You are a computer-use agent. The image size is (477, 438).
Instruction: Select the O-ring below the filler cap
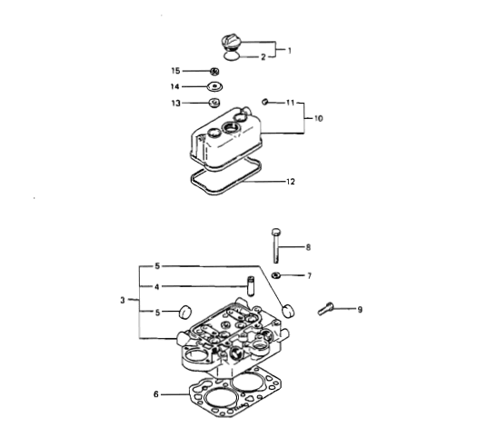(231, 56)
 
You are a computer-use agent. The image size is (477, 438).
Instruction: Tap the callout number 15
(175, 71)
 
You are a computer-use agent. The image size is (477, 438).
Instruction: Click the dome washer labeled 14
(215, 86)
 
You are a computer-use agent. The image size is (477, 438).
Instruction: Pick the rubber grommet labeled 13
(214, 102)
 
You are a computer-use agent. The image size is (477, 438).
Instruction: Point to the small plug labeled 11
(264, 102)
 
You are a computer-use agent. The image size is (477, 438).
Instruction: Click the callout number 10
(318, 118)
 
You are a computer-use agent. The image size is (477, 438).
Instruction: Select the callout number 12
(291, 182)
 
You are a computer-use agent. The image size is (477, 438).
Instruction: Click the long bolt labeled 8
(276, 246)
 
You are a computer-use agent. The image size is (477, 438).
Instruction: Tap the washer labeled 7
(276, 275)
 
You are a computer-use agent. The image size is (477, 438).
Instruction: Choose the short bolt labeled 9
(325, 308)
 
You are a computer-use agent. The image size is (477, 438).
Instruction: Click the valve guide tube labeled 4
(251, 286)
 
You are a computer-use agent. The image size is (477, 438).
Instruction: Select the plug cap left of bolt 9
(289, 311)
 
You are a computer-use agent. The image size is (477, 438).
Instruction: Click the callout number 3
(123, 300)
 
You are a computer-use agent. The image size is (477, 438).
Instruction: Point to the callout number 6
(156, 394)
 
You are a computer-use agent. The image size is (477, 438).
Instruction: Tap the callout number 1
(289, 51)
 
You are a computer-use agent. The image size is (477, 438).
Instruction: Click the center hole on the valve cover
(231, 127)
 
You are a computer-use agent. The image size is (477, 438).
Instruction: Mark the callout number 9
(360, 310)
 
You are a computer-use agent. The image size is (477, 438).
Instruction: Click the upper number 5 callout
(157, 266)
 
